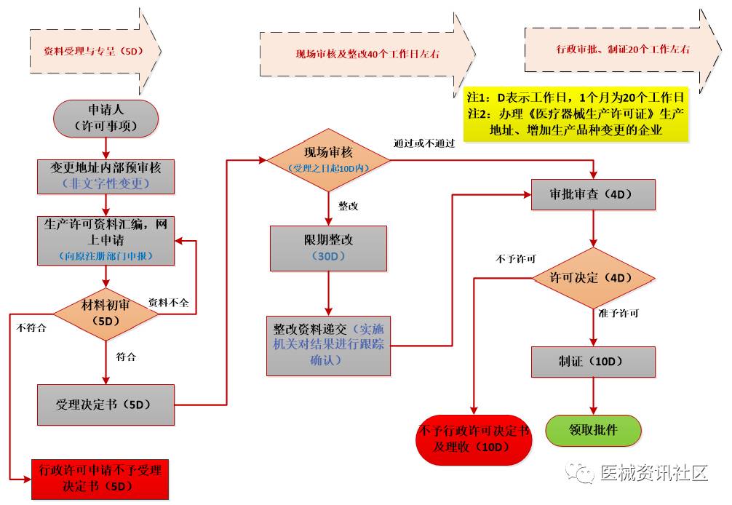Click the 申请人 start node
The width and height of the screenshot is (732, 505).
(106, 117)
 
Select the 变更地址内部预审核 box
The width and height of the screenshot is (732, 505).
(106, 175)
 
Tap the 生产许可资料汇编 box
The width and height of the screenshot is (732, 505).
(106, 239)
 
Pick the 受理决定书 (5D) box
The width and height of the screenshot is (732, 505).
(106, 404)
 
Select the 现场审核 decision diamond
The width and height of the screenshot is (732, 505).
(328, 160)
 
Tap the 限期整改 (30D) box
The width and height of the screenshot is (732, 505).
(328, 248)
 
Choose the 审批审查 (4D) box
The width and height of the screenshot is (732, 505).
(594, 194)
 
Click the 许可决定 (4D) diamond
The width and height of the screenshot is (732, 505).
(594, 277)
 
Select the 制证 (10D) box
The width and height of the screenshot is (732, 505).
(594, 362)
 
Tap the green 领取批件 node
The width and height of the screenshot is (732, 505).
(594, 430)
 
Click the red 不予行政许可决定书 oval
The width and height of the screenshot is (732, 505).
(474, 439)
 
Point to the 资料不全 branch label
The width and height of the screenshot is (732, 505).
(168, 303)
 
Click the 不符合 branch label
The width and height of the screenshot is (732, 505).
(31, 327)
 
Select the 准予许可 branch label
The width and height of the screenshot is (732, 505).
(618, 313)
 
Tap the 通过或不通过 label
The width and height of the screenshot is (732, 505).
(423, 143)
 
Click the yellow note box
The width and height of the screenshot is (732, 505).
(576, 114)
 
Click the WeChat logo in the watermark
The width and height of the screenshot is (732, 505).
(582, 473)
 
